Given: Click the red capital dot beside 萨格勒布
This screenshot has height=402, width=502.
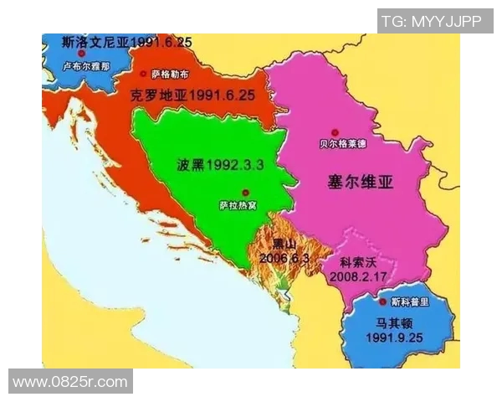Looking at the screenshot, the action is click(143, 74).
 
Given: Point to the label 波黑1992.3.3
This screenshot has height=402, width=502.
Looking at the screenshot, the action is click(220, 165).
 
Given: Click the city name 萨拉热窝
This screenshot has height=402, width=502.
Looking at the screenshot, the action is click(239, 204).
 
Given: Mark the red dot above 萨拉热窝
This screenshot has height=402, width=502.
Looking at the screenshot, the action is click(245, 191).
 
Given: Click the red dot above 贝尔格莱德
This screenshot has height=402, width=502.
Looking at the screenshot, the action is click(336, 131).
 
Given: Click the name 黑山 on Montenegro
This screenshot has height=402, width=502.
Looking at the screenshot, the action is click(284, 245).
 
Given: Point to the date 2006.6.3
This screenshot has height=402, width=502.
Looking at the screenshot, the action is click(284, 258).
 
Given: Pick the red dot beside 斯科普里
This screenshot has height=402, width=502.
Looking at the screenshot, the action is click(383, 301).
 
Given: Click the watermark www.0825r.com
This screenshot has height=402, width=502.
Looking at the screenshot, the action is click(70, 382).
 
